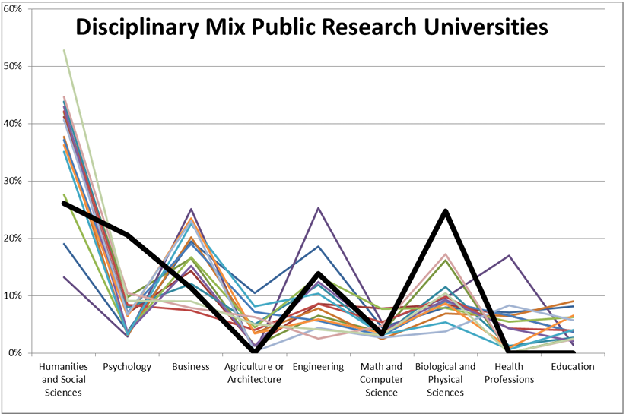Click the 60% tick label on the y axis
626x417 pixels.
12,8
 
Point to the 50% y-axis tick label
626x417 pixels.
12,66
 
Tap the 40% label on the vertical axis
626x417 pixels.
12,123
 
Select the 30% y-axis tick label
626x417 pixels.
12,181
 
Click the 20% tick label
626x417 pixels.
12,238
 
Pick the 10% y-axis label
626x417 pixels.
12,295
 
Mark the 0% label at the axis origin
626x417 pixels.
14,352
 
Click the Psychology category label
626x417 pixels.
127,367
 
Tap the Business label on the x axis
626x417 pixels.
191,366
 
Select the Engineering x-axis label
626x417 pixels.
318,367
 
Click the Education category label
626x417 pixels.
573,366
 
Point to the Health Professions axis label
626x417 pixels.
509,373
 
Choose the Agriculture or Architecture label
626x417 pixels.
254,373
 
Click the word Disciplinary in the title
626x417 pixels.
138,28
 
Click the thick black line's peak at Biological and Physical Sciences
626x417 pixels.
445,211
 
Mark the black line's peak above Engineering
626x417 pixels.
318,273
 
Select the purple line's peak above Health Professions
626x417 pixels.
509,255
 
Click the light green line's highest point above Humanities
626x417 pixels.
64,50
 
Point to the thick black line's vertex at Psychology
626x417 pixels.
127,235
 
